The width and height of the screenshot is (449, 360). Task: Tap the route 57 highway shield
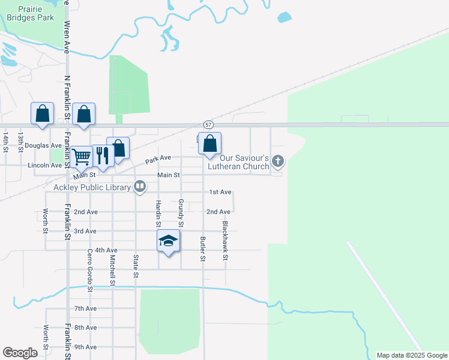pos(208,124)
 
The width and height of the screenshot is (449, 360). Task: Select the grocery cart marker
pos(82,156)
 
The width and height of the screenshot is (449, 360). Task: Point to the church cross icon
pos(277,161)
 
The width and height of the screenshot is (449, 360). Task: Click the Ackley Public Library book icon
pos(140,187)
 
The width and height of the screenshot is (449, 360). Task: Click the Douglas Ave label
pos(43,145)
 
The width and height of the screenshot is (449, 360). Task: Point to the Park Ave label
pos(158,158)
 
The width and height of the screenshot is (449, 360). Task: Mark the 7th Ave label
pos(85,308)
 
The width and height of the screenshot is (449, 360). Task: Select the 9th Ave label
pos(85,347)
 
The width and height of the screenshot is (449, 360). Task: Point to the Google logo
pos(20,353)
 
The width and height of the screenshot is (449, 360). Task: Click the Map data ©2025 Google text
pos(412,355)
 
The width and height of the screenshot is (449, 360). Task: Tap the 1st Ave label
pos(220,192)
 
